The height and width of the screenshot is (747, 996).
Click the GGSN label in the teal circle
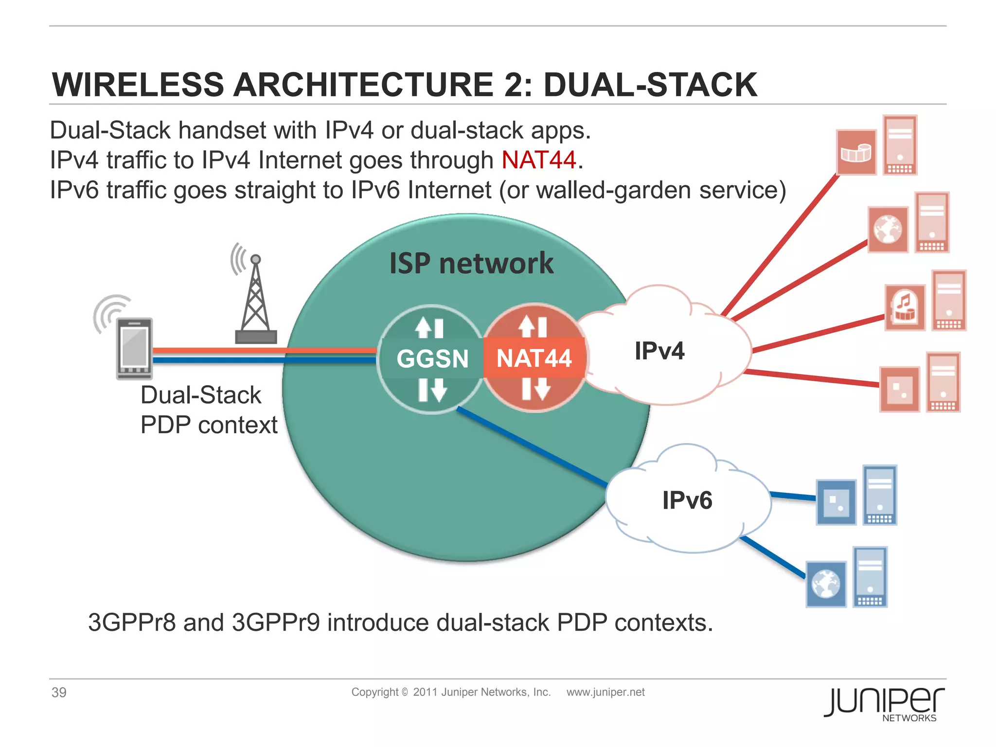pyautogui.click(x=432, y=359)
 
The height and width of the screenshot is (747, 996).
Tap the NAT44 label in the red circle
pyautogui.click(x=534, y=359)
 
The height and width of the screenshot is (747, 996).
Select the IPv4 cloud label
pyautogui.click(x=659, y=351)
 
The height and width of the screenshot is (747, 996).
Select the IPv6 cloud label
pyautogui.click(x=687, y=500)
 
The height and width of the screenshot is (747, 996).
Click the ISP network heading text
pyautogui.click(x=471, y=263)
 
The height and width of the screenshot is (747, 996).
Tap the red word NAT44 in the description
pyautogui.click(x=539, y=160)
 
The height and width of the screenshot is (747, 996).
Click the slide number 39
pyautogui.click(x=59, y=692)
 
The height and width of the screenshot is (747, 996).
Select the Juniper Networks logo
pyautogui.click(x=884, y=703)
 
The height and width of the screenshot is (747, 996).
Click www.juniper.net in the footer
pyautogui.click(x=605, y=692)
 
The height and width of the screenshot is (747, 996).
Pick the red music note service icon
pyautogui.click(x=904, y=308)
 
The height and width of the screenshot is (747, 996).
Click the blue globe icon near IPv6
pyautogui.click(x=826, y=584)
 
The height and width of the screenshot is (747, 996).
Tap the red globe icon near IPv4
pyautogui.click(x=888, y=230)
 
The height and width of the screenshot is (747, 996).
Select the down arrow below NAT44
pyautogui.click(x=542, y=390)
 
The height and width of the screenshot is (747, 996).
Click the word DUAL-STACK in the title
pyautogui.click(x=650, y=85)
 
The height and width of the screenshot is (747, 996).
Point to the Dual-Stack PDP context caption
pyautogui.click(x=208, y=409)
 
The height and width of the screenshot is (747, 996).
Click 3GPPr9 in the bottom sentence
pyautogui.click(x=276, y=622)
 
